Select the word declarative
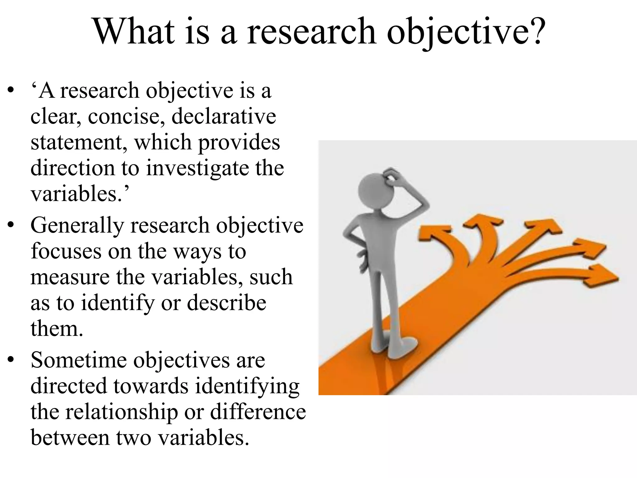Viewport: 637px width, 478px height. (224, 116)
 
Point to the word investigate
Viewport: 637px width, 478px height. (198, 168)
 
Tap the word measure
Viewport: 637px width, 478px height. (70, 277)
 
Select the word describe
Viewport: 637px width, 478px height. (226, 303)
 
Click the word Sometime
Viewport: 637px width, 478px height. (79, 360)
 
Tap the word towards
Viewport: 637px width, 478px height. (151, 386)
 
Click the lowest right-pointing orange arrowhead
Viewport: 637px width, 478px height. (600, 275)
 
